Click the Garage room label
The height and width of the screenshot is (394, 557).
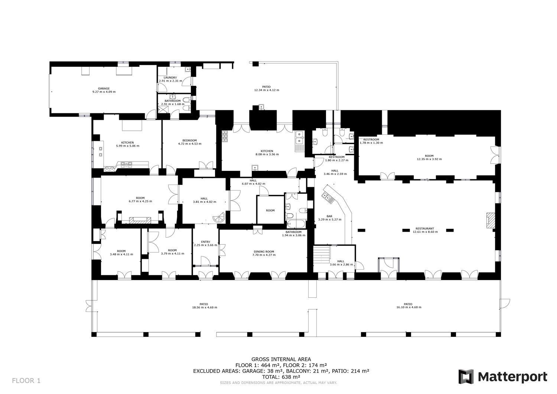coord(104,88)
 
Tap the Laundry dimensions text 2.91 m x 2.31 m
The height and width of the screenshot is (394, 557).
coord(170,81)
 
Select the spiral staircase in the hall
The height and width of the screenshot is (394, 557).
coord(219,218)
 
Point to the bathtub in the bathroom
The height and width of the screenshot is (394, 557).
coord(296,224)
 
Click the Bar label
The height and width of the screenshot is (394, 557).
coord(329,216)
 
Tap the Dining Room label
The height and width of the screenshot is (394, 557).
coord(264,252)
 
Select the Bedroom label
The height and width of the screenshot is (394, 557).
coord(189,140)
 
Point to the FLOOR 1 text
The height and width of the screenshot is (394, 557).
coord(26,381)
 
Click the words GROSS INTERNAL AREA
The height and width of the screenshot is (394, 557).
coord(281,359)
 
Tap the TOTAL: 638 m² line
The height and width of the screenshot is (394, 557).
coord(281,377)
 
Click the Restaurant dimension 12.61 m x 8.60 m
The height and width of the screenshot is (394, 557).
coord(425,232)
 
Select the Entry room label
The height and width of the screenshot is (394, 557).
coord(206,242)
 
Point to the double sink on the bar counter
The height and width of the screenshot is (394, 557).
coord(328,198)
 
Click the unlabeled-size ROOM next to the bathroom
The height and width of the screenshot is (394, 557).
coord(270,211)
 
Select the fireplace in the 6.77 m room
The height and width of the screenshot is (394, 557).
coord(140,220)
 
